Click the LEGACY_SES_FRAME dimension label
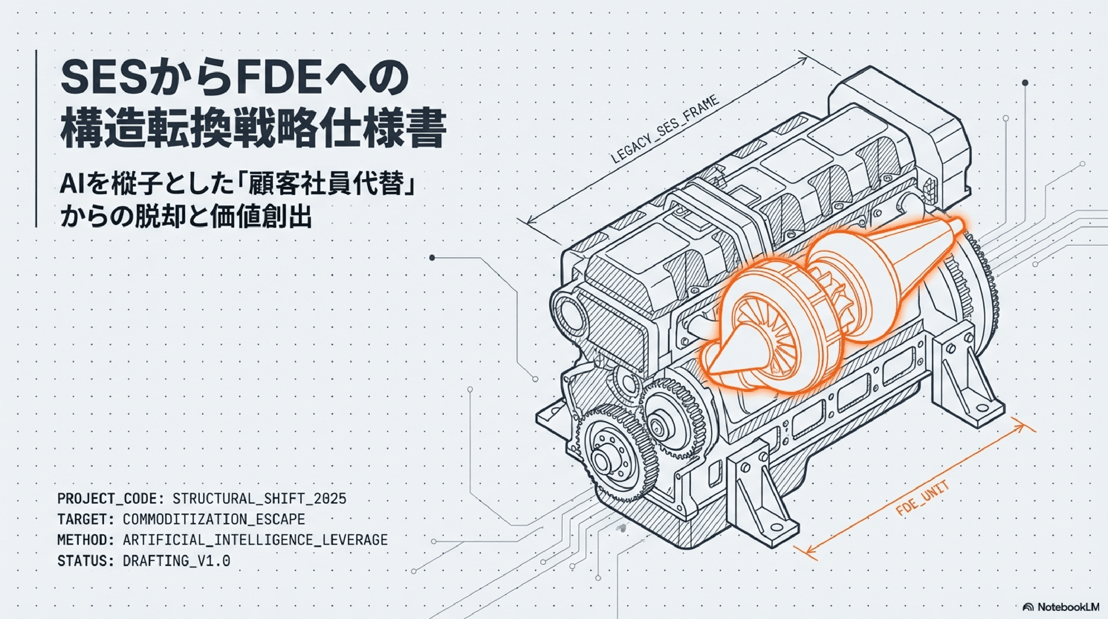pos(665,130)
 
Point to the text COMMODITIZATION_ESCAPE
pos(214,519)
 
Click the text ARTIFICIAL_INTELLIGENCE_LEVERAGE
pos(255,540)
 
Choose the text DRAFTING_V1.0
pos(176,561)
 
